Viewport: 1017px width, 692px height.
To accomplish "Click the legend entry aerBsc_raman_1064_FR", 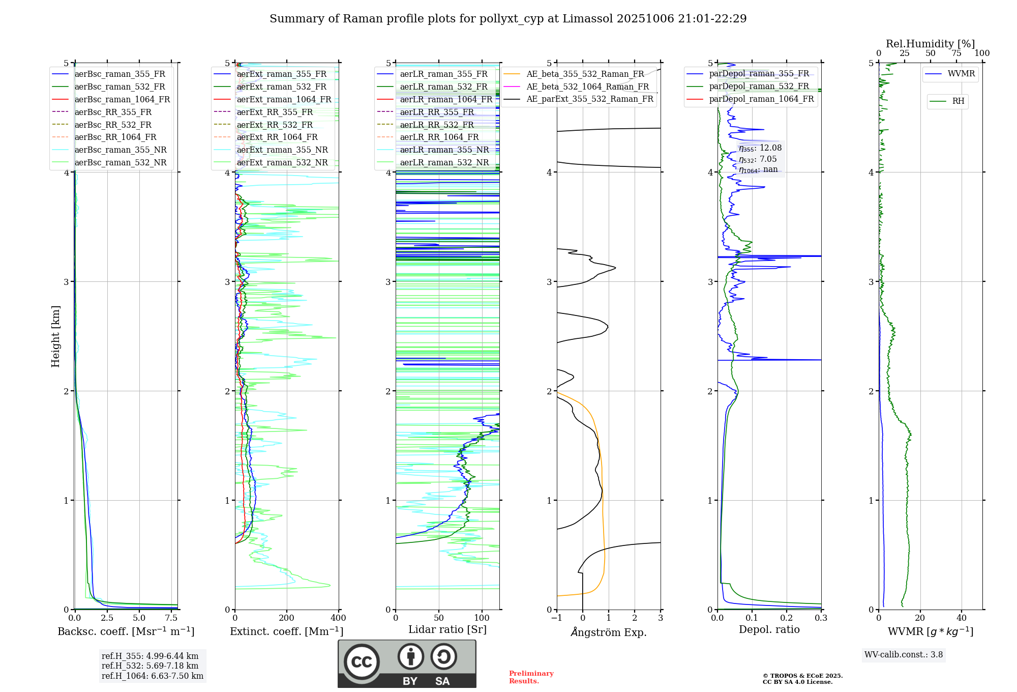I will click(122, 100).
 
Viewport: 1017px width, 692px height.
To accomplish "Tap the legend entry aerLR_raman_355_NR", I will click(444, 150).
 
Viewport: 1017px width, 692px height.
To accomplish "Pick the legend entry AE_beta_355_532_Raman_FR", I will click(585, 74).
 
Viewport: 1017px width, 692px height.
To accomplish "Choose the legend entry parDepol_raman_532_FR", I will click(759, 86).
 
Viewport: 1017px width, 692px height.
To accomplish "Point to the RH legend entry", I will click(958, 101).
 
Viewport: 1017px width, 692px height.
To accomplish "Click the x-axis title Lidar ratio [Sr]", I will click(447, 629).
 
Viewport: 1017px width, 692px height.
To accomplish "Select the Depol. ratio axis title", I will click(769, 629).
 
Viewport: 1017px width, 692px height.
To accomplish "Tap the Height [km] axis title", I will click(55, 336).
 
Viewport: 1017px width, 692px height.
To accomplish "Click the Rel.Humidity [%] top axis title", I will click(930, 44).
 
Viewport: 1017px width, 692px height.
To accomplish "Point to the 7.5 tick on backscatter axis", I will click(171, 618).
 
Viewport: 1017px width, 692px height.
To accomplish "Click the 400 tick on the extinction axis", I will click(338, 618).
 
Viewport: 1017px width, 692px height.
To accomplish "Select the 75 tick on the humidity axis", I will click(956, 53).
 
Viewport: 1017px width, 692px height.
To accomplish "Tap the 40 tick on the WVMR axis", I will click(961, 618).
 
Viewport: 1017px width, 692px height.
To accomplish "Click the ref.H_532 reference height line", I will click(150, 666).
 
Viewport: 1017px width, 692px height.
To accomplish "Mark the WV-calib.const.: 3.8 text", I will click(904, 655).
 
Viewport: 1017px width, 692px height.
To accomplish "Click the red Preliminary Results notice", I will click(531, 677).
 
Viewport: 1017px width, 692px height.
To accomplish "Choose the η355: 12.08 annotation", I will click(760, 148).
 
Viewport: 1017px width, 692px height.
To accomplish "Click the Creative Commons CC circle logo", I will click(362, 662).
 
